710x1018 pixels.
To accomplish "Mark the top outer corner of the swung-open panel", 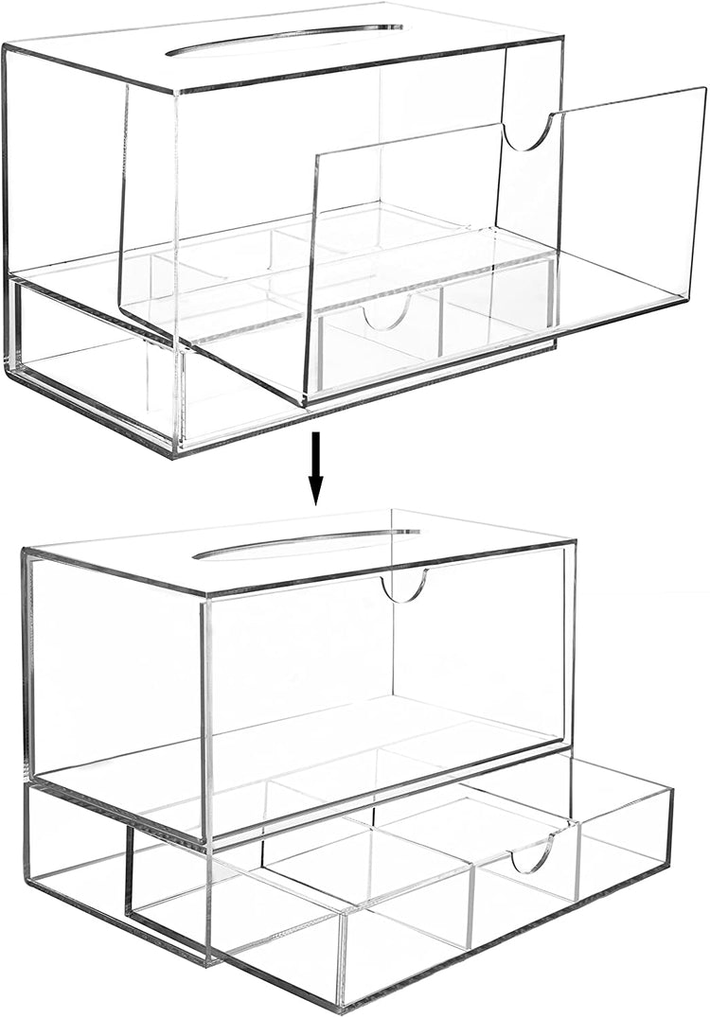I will point(704,88).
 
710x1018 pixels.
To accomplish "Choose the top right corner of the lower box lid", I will point(575,541).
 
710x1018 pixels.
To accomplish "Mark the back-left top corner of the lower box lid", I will point(23,550).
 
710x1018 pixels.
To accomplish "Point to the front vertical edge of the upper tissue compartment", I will point(175,218).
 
